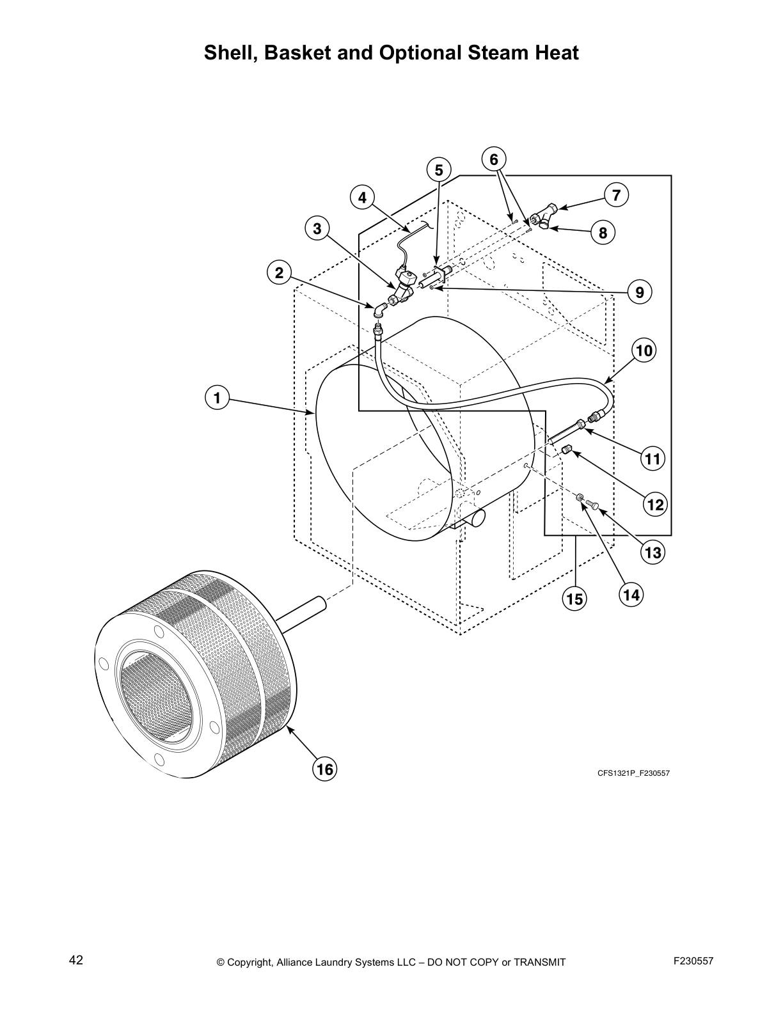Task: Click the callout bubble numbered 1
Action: pos(217,398)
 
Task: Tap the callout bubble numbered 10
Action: pos(644,350)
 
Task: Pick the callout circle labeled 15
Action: pos(574,599)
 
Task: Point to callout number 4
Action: pos(363,198)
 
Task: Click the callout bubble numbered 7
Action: pos(616,195)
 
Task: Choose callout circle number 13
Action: pos(653,552)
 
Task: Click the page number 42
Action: pos(75,960)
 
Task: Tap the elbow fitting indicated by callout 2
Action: pos(379,310)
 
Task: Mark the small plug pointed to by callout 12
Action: pos(567,451)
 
